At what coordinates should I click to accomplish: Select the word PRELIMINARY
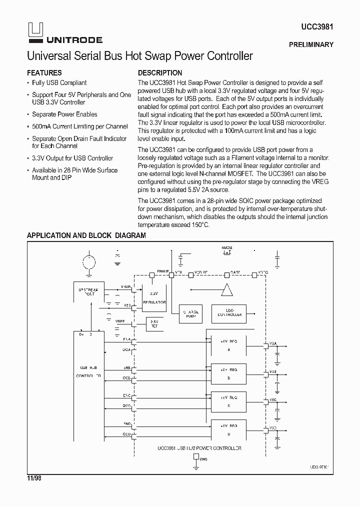[310, 44]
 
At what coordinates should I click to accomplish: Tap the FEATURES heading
[44, 72]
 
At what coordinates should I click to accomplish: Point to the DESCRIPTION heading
[160, 72]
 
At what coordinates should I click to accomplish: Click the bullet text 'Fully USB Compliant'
[59, 83]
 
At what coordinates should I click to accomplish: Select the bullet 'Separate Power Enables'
[64, 114]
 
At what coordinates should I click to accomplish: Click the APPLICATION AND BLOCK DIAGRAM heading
[86, 235]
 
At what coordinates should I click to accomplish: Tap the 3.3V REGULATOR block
[154, 298]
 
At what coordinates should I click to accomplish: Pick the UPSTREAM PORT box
[89, 292]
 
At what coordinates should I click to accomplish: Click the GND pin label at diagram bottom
[203, 458]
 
